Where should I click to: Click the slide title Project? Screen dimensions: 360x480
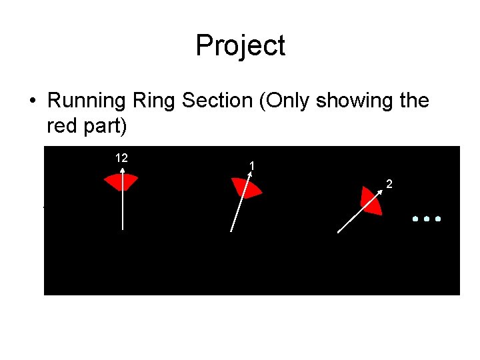tap(240, 45)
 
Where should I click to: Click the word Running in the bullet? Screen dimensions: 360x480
tap(88, 101)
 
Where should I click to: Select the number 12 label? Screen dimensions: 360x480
tap(121, 158)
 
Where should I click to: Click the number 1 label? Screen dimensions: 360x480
tap(251, 165)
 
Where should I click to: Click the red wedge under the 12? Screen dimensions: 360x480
tap(121, 181)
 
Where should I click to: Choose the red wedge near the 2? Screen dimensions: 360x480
tap(371, 201)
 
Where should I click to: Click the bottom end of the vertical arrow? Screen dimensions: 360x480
tap(121, 230)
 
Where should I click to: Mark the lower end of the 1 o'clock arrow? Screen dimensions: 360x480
tap(231, 231)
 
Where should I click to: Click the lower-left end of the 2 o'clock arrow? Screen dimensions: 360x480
tap(339, 232)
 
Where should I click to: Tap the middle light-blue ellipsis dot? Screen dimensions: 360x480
tap(427, 219)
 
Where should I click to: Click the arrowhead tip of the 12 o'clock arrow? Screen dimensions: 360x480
tap(121, 167)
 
